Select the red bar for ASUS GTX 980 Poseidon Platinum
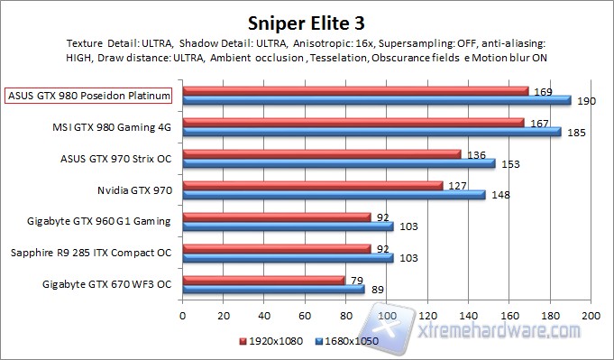[355, 90]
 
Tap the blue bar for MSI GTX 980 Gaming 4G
[371, 132]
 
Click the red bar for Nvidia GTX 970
[312, 186]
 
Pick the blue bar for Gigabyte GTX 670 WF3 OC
[273, 290]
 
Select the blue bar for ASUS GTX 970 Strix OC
[339, 163]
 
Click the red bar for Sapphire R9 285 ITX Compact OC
[276, 248]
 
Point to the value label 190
[584, 101]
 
